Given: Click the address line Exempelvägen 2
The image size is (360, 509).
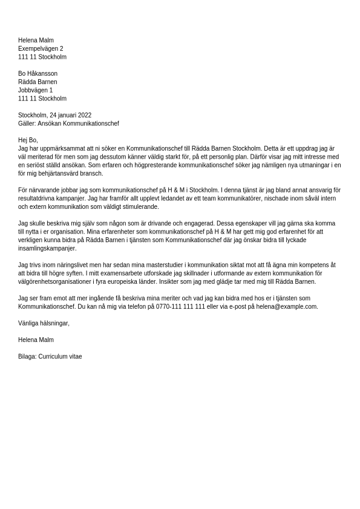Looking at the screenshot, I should [41, 49].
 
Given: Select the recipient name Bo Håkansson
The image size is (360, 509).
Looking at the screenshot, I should [38, 74].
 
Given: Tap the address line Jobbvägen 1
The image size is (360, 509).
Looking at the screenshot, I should [35, 90].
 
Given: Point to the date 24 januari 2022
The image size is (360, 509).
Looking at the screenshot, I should [71, 115].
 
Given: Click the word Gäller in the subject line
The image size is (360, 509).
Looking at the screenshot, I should [26, 123].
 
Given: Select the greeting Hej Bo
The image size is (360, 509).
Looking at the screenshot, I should [27, 140].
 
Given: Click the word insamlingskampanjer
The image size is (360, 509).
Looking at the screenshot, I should [47, 248].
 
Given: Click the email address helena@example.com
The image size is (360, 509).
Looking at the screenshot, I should [286, 307].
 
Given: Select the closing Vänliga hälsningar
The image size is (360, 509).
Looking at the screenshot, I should [44, 323].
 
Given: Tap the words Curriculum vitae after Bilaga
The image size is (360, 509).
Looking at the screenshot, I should [60, 356].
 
